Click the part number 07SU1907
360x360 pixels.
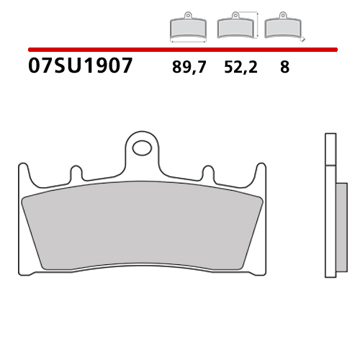click(80, 67)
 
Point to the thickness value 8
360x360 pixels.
click(284, 68)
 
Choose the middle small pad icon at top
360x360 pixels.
click(234, 27)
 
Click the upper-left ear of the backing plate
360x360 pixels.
click(24, 171)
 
